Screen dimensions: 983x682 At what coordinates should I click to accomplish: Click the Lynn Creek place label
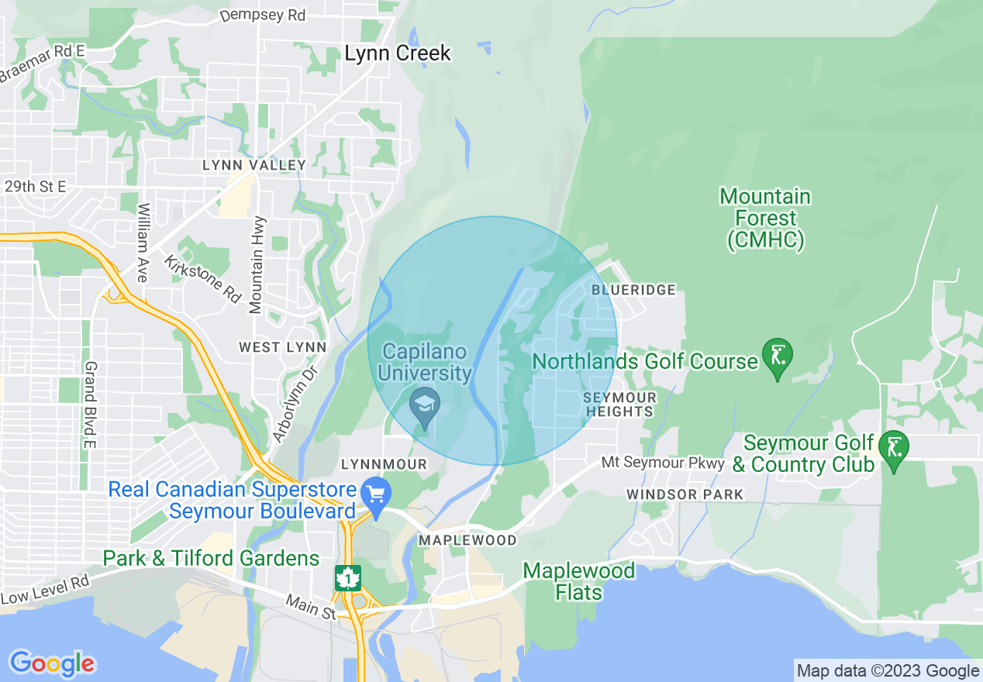pyautogui.click(x=397, y=53)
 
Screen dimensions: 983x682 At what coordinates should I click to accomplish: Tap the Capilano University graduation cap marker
pyautogui.click(x=425, y=406)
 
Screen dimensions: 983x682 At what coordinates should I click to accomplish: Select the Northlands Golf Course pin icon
pyautogui.click(x=777, y=356)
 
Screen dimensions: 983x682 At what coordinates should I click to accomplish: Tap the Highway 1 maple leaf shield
pyautogui.click(x=348, y=578)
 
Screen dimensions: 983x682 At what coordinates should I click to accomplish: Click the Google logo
pyautogui.click(x=52, y=663)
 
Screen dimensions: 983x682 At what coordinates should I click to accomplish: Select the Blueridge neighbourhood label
pyautogui.click(x=633, y=290)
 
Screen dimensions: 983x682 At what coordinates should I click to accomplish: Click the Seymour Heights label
pyautogui.click(x=619, y=404)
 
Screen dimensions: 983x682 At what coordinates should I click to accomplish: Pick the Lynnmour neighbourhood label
pyautogui.click(x=384, y=463)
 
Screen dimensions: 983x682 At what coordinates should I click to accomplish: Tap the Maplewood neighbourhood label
pyautogui.click(x=467, y=539)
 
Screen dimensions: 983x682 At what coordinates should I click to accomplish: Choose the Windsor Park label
pyautogui.click(x=685, y=494)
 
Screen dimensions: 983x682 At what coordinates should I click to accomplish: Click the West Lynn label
pyautogui.click(x=282, y=347)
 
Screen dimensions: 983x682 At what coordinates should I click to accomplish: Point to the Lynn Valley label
pyautogui.click(x=254, y=165)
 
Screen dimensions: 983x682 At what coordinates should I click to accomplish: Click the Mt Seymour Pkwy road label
pyautogui.click(x=663, y=463)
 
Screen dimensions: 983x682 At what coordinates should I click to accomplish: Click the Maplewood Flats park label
pyautogui.click(x=578, y=582)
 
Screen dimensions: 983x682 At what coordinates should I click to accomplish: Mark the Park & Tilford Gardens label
pyautogui.click(x=211, y=558)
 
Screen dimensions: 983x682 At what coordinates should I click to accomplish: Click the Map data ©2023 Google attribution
pyautogui.click(x=888, y=671)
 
